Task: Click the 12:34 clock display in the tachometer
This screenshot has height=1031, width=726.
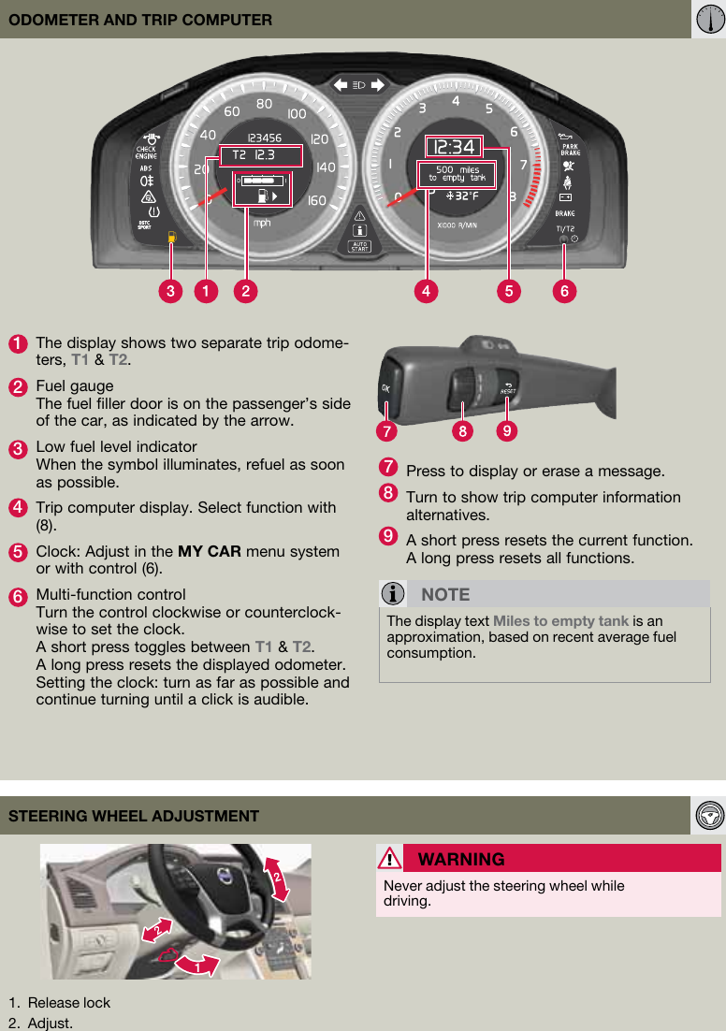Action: pyautogui.click(x=454, y=147)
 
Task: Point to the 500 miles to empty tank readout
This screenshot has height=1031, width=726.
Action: pyautogui.click(x=457, y=174)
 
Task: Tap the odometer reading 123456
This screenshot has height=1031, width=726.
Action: pyautogui.click(x=264, y=138)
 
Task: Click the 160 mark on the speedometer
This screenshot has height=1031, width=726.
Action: pyautogui.click(x=316, y=200)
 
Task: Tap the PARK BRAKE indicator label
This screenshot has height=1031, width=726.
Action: pyautogui.click(x=570, y=150)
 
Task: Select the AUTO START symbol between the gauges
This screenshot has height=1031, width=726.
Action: pyautogui.click(x=359, y=247)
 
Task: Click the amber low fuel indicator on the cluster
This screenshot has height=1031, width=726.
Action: pyautogui.click(x=171, y=238)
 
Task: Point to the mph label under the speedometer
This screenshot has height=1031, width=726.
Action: pyautogui.click(x=262, y=223)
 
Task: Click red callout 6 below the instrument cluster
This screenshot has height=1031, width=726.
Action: pyautogui.click(x=564, y=291)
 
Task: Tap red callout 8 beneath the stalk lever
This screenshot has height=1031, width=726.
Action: pyautogui.click(x=461, y=431)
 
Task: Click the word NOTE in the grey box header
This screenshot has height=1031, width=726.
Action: pyautogui.click(x=445, y=594)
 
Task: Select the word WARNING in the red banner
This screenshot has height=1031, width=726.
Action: pyautogui.click(x=461, y=859)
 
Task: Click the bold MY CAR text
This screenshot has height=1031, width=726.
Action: pyautogui.click(x=210, y=551)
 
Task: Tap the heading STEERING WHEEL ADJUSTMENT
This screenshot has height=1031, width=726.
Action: pyautogui.click(x=134, y=816)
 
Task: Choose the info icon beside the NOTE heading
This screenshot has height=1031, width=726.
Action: pyautogui.click(x=395, y=594)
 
